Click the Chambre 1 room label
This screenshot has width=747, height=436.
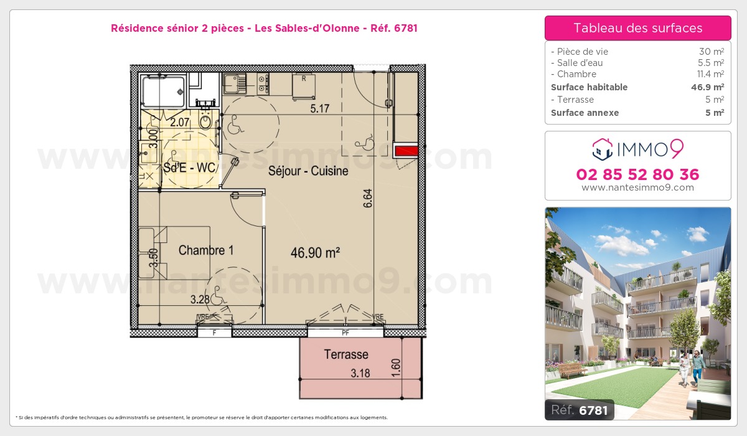click(x=206, y=250)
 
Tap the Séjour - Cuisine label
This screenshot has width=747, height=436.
click(x=308, y=171)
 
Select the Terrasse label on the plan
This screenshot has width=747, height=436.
click(x=346, y=354)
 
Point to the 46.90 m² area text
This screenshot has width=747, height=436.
click(x=315, y=253)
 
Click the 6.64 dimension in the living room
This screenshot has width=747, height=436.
click(x=368, y=198)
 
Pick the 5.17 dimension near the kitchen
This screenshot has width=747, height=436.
click(x=321, y=109)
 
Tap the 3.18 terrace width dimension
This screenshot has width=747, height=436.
click(x=360, y=374)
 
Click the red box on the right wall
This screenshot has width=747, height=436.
click(x=408, y=149)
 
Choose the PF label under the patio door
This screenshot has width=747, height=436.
click(x=345, y=333)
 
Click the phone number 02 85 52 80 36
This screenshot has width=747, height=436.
click(x=637, y=174)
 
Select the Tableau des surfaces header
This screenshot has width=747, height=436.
click(x=637, y=28)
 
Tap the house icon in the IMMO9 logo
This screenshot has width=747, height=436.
click(x=601, y=148)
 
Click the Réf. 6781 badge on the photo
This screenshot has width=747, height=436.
click(x=580, y=410)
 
